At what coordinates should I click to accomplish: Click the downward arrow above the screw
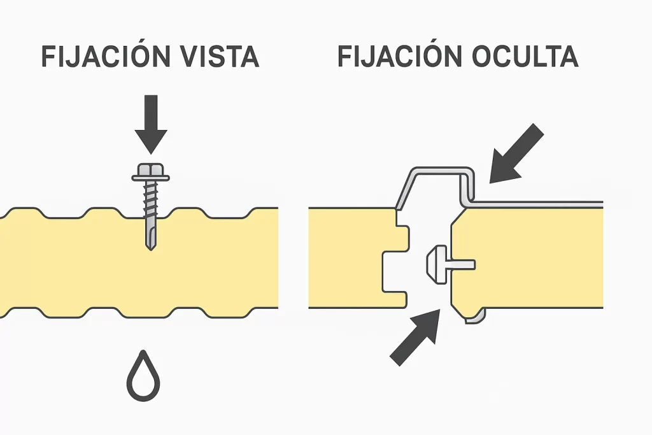[x=151, y=124]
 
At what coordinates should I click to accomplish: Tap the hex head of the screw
[x=150, y=170]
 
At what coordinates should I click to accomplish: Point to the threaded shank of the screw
[x=150, y=204]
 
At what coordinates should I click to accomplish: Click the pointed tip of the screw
[x=151, y=246]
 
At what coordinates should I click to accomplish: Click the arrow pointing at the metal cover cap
[x=516, y=152]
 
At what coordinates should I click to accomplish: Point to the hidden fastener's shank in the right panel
[x=462, y=264]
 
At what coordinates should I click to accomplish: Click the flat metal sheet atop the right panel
[x=541, y=204]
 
